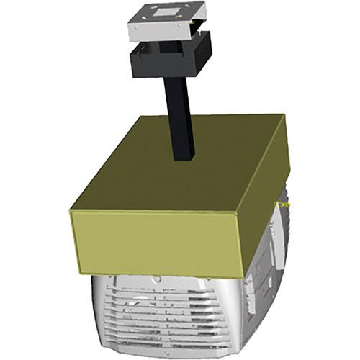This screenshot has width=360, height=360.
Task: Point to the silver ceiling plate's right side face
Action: [199, 20]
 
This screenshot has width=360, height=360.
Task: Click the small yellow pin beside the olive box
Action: [287, 204]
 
